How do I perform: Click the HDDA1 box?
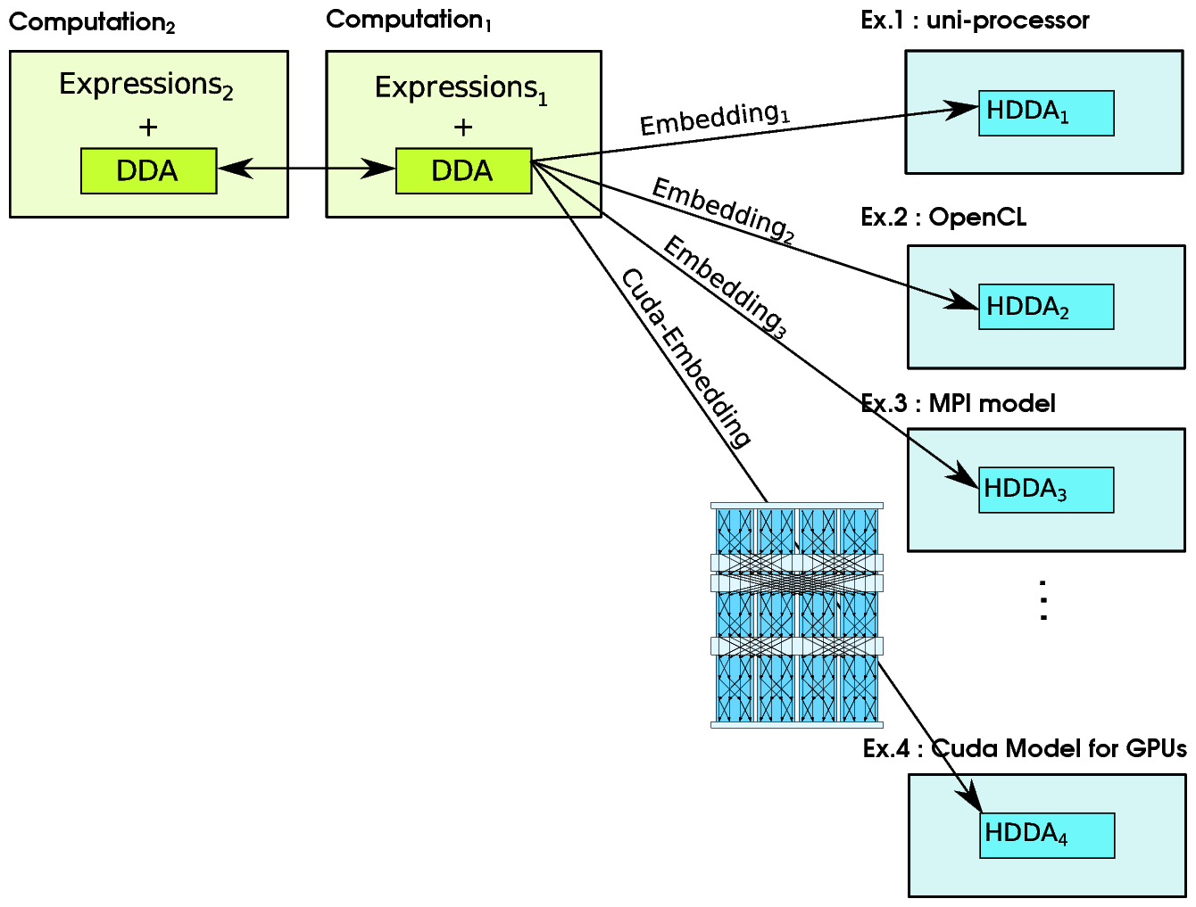(x=1045, y=113)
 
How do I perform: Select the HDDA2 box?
(x=1045, y=307)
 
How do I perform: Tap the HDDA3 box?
(x=1045, y=490)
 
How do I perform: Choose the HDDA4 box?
(x=1046, y=835)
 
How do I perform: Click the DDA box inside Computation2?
(x=148, y=170)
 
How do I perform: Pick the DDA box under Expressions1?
(x=463, y=170)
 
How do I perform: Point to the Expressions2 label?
(x=146, y=86)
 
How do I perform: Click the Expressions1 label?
(x=461, y=89)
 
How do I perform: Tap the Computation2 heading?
(x=92, y=22)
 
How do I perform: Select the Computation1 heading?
(x=409, y=20)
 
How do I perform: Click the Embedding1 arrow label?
(x=714, y=119)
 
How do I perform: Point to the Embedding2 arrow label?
(x=723, y=210)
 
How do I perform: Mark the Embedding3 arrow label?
(x=725, y=287)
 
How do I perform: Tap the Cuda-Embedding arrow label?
(x=685, y=357)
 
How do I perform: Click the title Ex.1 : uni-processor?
(x=975, y=21)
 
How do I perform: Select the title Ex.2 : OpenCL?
(x=943, y=217)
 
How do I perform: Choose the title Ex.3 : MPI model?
(x=958, y=403)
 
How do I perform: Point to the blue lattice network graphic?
(x=796, y=615)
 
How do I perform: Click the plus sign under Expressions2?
(x=148, y=128)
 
